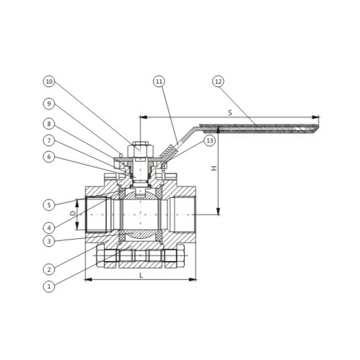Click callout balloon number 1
[x=49, y=286]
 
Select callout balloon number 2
[x=49, y=269]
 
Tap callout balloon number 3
[x=49, y=241]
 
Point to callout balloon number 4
[x=49, y=228]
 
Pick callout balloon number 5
[x=49, y=205]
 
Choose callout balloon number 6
[x=49, y=157]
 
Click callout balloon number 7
[x=49, y=140]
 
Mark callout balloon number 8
[x=49, y=124]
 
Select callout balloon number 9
[x=49, y=104]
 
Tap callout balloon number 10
[x=49, y=82]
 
